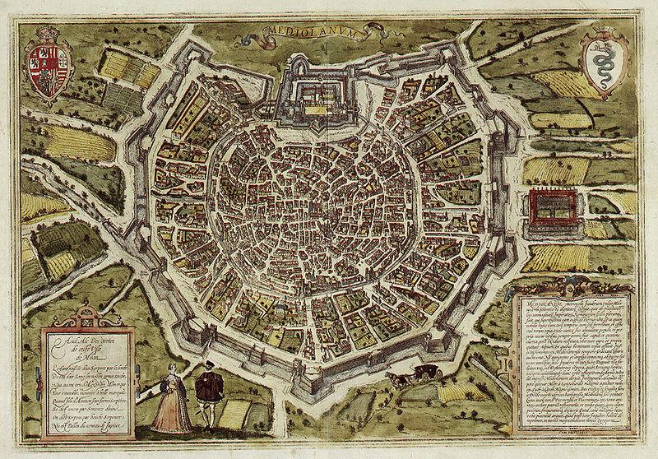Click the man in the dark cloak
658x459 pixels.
(x=231, y=400)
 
